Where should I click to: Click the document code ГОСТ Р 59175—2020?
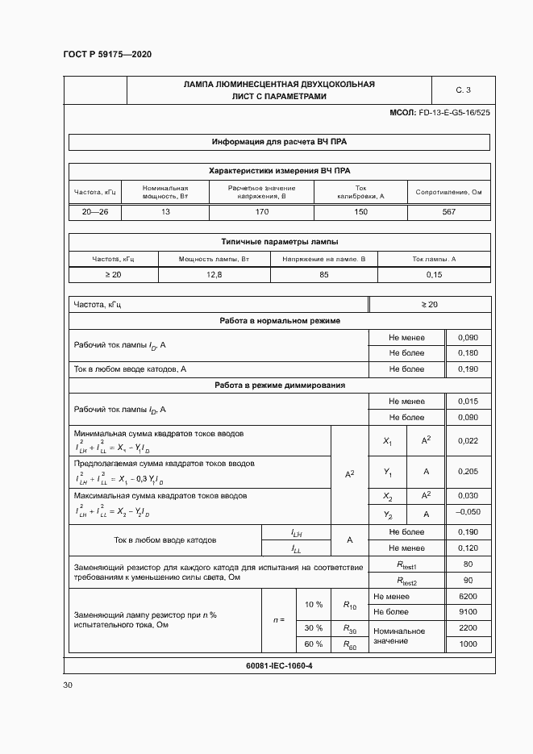pos(107,54)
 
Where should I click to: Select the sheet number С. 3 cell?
pos(463,90)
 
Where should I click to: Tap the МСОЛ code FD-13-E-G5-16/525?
pos(439,113)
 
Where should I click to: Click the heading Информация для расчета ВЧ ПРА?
pos(279,142)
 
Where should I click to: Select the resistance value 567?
pos(448,211)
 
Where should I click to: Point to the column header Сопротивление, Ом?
pos(448,192)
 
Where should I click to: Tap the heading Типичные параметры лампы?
pos(279,241)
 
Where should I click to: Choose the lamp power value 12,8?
pos(214,275)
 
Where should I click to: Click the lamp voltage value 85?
pos(323,275)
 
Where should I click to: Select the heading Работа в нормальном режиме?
pos(279,320)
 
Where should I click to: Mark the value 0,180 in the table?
pos(467,352)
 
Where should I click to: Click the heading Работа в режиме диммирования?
pos(279,385)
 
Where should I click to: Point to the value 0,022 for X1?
pos(467,441)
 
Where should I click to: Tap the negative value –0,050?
pos(467,513)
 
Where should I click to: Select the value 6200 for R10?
pos(467,596)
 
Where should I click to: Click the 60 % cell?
pos(313,644)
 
